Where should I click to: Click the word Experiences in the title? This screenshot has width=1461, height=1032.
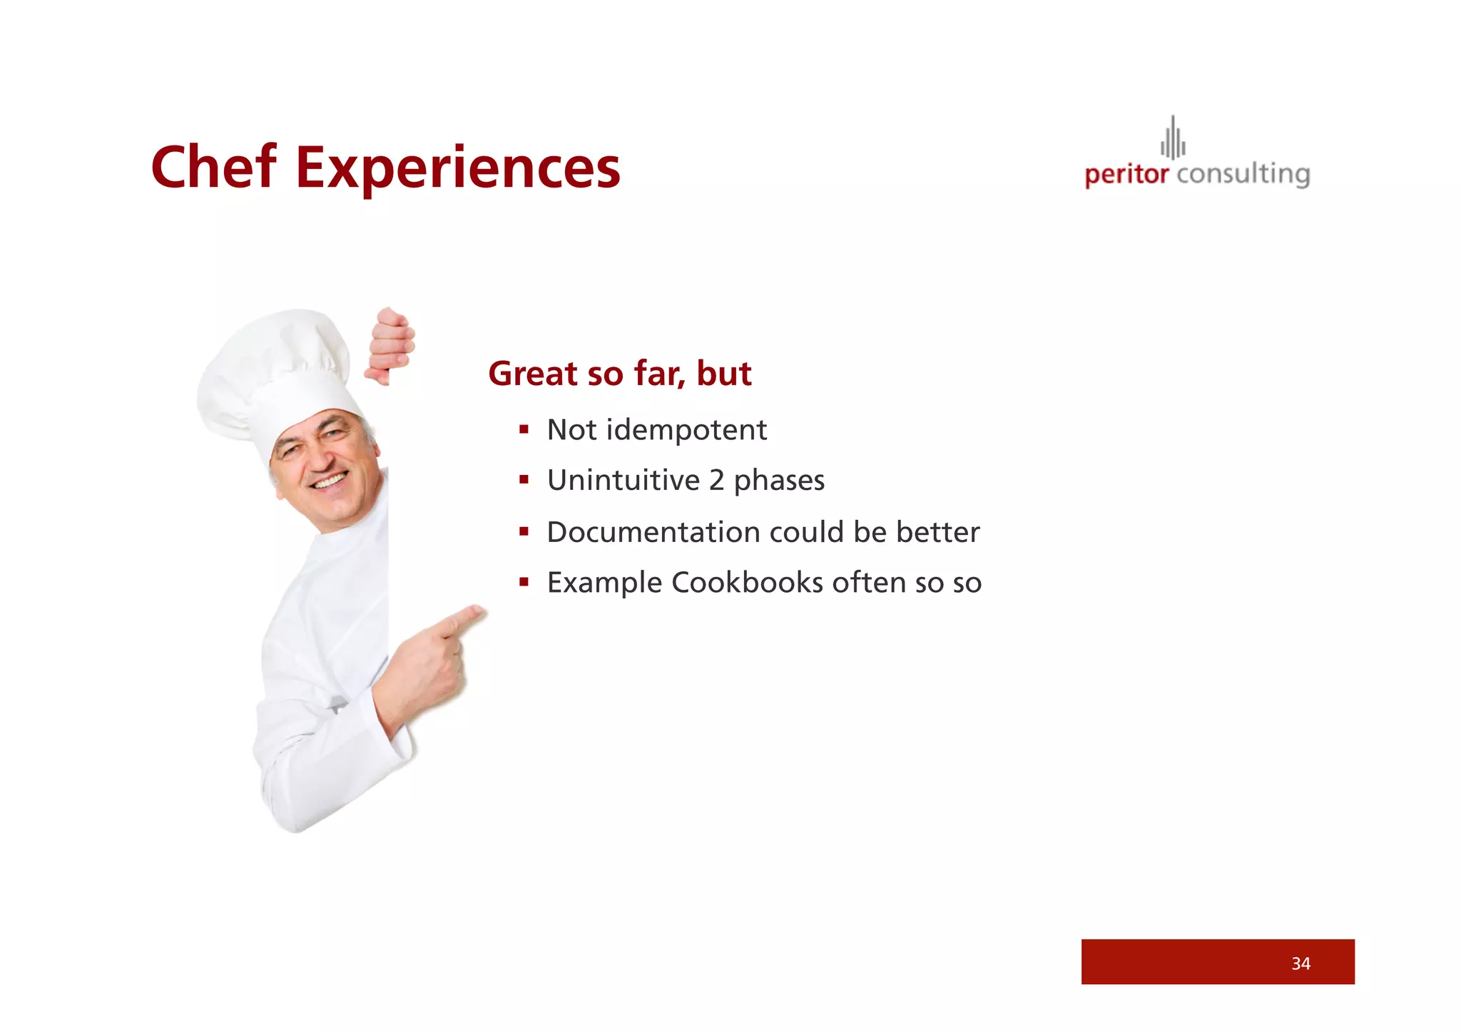click(x=458, y=168)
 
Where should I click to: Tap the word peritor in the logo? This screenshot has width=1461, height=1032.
click(x=1126, y=174)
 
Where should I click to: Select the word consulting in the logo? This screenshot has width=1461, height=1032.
click(x=1243, y=174)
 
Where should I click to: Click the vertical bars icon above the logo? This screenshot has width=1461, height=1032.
click(x=1173, y=138)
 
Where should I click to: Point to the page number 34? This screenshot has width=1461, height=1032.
click(x=1300, y=964)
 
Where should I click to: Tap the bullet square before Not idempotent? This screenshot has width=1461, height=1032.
click(x=524, y=429)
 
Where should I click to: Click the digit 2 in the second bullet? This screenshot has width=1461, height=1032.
click(x=716, y=481)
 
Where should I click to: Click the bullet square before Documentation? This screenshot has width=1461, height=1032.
click(x=524, y=531)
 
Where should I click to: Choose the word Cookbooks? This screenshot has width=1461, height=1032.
click(x=747, y=583)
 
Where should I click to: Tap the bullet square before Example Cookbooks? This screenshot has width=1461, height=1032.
click(x=524, y=582)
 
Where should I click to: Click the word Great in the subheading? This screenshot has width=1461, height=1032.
click(x=532, y=374)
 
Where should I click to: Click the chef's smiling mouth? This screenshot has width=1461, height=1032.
click(x=330, y=482)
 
